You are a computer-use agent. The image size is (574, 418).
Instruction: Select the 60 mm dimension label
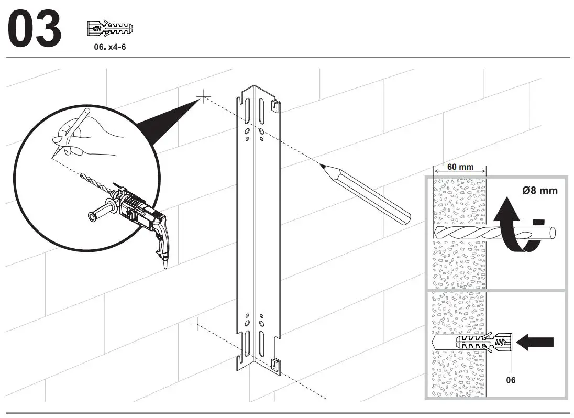click(460, 167)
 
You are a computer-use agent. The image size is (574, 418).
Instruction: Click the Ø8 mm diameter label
click(539, 191)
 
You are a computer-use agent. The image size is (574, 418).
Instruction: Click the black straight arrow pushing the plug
click(536, 342)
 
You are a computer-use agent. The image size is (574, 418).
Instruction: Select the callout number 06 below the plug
click(510, 380)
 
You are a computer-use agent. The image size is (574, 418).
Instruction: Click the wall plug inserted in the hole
click(483, 344)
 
